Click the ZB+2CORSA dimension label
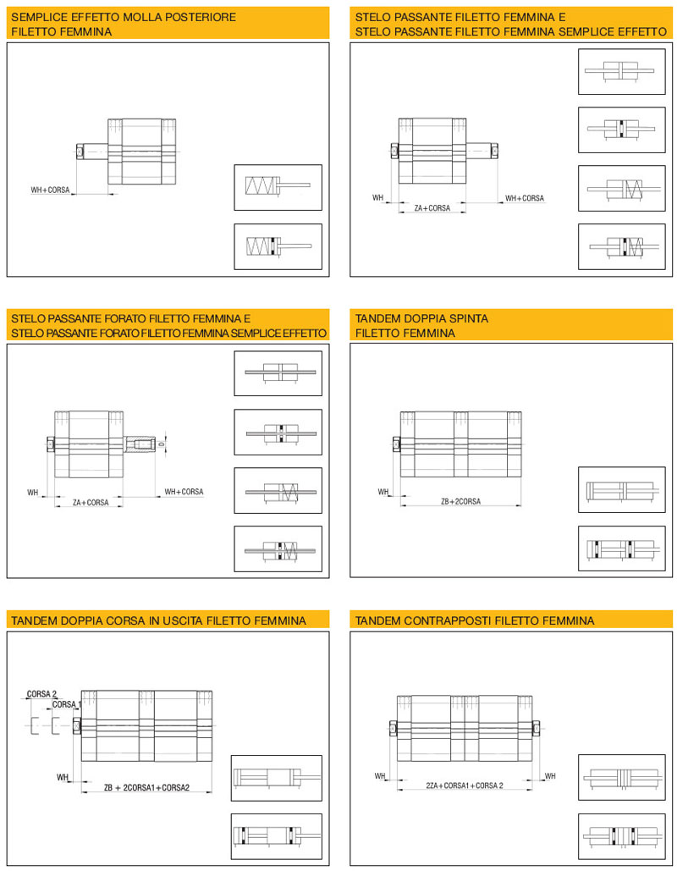coord(460,501)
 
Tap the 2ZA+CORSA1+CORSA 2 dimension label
coord(465,786)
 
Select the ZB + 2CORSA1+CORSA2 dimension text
coord(146,788)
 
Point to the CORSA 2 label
coord(41,694)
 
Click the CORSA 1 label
coord(66,704)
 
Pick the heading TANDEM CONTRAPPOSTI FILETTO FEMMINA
coord(475,621)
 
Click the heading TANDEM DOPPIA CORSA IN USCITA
coord(158,621)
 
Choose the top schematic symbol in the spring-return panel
coord(278,186)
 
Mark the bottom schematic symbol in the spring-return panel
coord(278,246)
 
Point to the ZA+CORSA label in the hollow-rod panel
coord(90,502)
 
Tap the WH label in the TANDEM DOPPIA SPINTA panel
coord(383,492)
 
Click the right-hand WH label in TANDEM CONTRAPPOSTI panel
coord(550,775)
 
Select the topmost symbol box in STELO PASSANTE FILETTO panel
coord(620,72)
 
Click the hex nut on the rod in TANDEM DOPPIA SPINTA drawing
coord(397,442)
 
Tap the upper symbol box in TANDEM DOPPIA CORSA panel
coord(277,777)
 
